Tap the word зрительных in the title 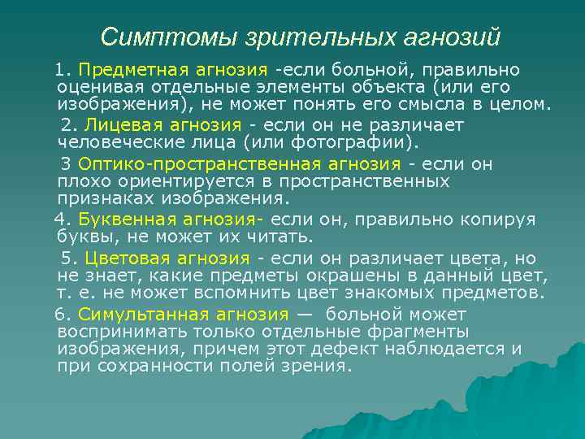(x=310, y=37)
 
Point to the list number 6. (x=59, y=315)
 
